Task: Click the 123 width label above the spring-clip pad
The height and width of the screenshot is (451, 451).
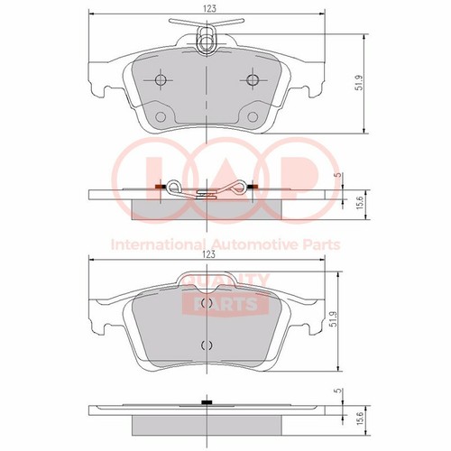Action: coord(209,8)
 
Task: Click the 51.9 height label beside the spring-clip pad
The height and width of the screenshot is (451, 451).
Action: coord(359,83)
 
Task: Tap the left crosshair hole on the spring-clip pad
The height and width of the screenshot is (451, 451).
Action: coord(161,80)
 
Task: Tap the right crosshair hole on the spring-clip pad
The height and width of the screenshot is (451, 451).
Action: coord(253,80)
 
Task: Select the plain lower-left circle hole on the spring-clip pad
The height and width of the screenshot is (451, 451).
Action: coord(161,116)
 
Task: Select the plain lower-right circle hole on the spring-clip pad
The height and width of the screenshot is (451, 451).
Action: coord(253,116)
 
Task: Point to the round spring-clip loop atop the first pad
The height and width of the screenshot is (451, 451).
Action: coord(207,38)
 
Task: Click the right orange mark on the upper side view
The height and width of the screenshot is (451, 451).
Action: coord(253,187)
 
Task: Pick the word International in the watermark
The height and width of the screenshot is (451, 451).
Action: coord(159,244)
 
